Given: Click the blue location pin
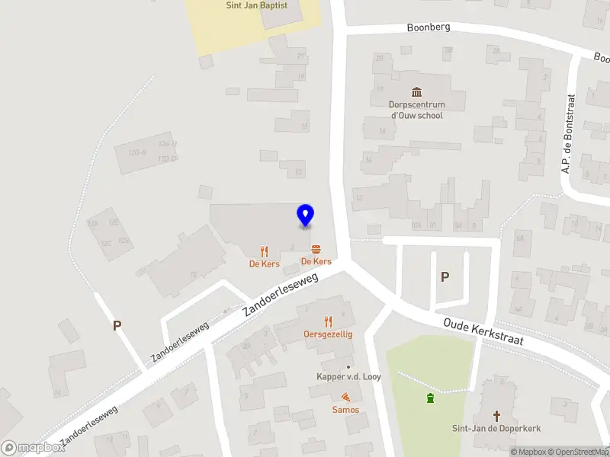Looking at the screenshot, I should (305, 216).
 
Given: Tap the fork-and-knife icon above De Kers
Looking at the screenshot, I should (265, 251).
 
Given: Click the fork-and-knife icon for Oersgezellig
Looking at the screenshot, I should (329, 321).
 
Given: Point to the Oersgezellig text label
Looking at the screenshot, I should (328, 334).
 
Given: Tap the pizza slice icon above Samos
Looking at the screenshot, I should (345, 397).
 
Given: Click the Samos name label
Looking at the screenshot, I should (345, 410).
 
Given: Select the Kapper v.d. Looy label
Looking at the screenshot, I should (348, 377).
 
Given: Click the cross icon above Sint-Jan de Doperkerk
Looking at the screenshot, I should (496, 415).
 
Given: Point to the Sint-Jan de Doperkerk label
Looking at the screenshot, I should (496, 428).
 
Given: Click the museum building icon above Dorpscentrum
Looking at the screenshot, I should (416, 92).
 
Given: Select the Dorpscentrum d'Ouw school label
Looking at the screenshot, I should (416, 110).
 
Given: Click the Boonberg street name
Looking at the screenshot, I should (429, 27).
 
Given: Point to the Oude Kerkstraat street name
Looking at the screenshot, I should (483, 332).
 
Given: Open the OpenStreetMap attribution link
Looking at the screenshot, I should (579, 452).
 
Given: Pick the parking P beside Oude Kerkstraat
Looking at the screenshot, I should (445, 277).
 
